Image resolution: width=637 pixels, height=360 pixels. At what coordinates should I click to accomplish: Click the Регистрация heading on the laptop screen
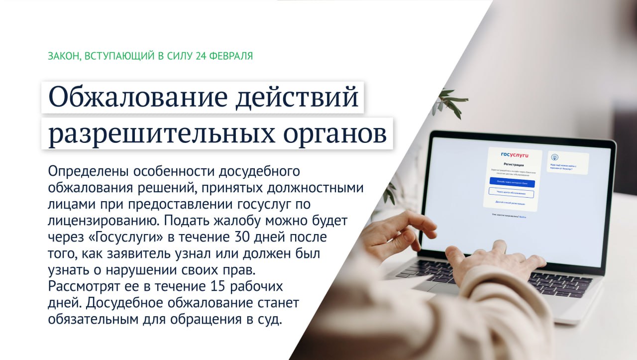pos(513,164)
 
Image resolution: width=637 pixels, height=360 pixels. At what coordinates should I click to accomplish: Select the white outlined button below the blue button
pos(511,193)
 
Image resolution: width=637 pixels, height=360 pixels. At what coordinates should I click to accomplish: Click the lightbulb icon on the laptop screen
pos(555,157)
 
